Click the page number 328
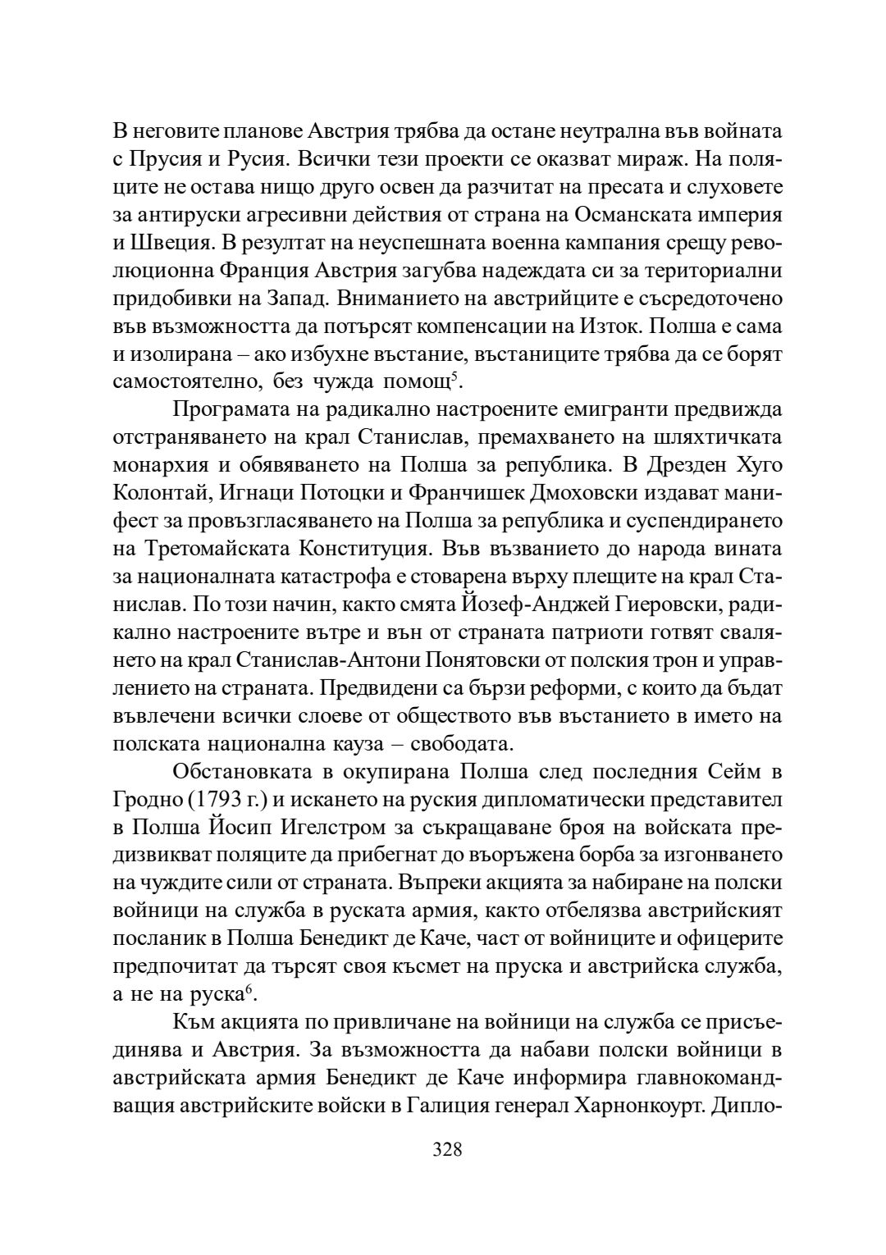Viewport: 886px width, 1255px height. tap(447, 1149)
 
